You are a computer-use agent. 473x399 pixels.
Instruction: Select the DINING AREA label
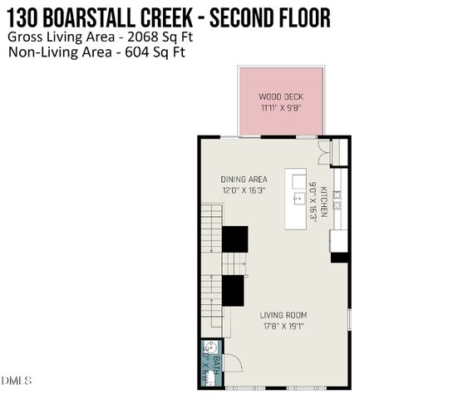(x=243, y=179)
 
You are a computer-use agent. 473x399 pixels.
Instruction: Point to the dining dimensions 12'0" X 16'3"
(x=243, y=190)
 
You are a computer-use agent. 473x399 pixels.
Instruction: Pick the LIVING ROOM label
(x=283, y=315)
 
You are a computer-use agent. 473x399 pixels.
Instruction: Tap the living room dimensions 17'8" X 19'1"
(x=283, y=327)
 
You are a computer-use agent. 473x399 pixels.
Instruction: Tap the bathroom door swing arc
(x=232, y=362)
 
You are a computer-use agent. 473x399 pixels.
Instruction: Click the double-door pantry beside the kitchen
(x=323, y=151)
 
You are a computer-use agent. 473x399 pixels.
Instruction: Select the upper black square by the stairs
(x=234, y=239)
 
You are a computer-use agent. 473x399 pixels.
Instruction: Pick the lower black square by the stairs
(x=233, y=290)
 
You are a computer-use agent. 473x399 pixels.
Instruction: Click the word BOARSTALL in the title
(x=108, y=17)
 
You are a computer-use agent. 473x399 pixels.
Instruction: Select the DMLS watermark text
(x=17, y=381)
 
